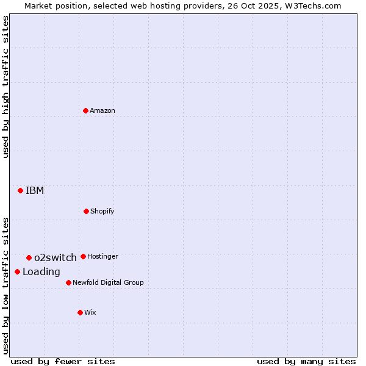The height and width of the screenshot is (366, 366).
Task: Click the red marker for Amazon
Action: pos(86,110)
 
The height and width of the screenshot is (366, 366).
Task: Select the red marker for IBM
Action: pos(20,190)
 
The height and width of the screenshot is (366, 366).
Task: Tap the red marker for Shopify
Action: pos(86,211)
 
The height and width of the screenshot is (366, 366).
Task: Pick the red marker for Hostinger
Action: pos(83,256)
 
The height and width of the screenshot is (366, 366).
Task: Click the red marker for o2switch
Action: pos(29,257)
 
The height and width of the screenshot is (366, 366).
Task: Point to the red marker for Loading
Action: pos(17,271)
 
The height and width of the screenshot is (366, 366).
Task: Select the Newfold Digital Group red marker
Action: pos(68,282)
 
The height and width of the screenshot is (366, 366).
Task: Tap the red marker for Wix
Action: pos(80,312)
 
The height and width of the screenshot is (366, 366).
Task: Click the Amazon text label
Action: pos(102,111)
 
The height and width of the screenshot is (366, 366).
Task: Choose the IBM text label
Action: pos(35,191)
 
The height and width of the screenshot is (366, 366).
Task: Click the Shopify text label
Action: pos(102,212)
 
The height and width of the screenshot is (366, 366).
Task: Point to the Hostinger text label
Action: pos(102,257)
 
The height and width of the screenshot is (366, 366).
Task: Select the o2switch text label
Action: pos(56,258)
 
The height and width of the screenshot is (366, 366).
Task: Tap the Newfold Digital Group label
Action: pos(108,283)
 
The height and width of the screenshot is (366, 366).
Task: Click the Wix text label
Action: pos(90,313)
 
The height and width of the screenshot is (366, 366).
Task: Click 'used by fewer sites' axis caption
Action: pos(63,361)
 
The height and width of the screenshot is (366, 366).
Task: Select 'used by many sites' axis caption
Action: pos(306,361)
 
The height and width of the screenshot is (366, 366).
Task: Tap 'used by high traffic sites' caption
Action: pos(5,87)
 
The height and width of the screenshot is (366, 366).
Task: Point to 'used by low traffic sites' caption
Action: pos(5,285)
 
